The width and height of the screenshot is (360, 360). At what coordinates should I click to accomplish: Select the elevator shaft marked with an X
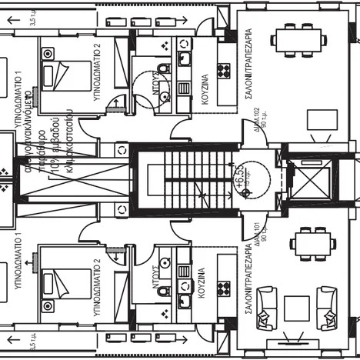click(x=308, y=182)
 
